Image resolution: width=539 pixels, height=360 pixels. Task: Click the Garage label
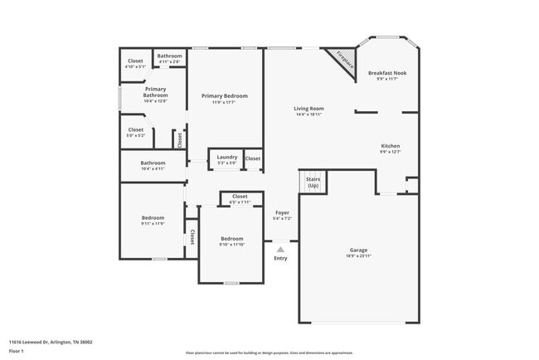pos(359,250)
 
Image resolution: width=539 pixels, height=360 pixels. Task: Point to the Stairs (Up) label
pos(313,182)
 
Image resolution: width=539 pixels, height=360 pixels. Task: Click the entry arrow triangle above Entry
pos(280,248)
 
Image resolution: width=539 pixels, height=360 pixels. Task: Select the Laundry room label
pos(227,157)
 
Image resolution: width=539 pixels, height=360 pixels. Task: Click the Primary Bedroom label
pos(223,96)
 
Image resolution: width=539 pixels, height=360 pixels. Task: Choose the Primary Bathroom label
pos(156,92)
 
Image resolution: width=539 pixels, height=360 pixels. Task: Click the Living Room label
pos(308,108)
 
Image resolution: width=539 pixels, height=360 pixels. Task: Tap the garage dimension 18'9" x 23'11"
pos(359,256)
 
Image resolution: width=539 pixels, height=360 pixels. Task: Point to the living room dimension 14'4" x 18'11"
pos(308,115)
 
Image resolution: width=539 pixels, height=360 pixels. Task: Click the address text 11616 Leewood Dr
pos(51,342)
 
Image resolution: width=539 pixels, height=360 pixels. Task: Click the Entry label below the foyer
pos(280,258)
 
